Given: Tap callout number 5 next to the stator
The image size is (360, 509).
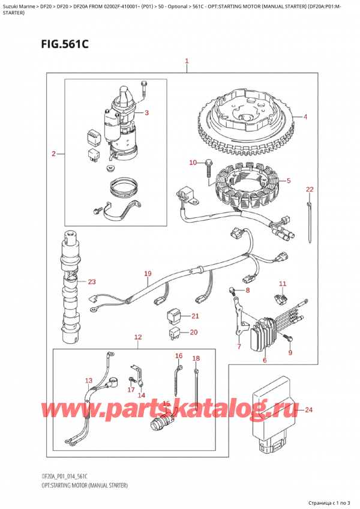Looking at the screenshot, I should tap(289, 181).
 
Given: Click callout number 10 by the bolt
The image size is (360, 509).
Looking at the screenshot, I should tap(193, 163).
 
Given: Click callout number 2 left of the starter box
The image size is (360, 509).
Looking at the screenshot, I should tap(54, 154).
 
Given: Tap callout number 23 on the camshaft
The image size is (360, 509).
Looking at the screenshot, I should tap(91, 282).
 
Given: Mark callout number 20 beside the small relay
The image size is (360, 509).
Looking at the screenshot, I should tap(193, 332).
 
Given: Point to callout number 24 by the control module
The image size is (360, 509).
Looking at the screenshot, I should tap(308, 411).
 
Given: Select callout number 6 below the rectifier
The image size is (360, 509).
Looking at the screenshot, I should tap(264, 360).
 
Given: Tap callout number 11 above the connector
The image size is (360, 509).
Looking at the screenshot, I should tap(283, 283).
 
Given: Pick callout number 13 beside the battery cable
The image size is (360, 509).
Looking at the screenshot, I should tap(89, 381).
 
